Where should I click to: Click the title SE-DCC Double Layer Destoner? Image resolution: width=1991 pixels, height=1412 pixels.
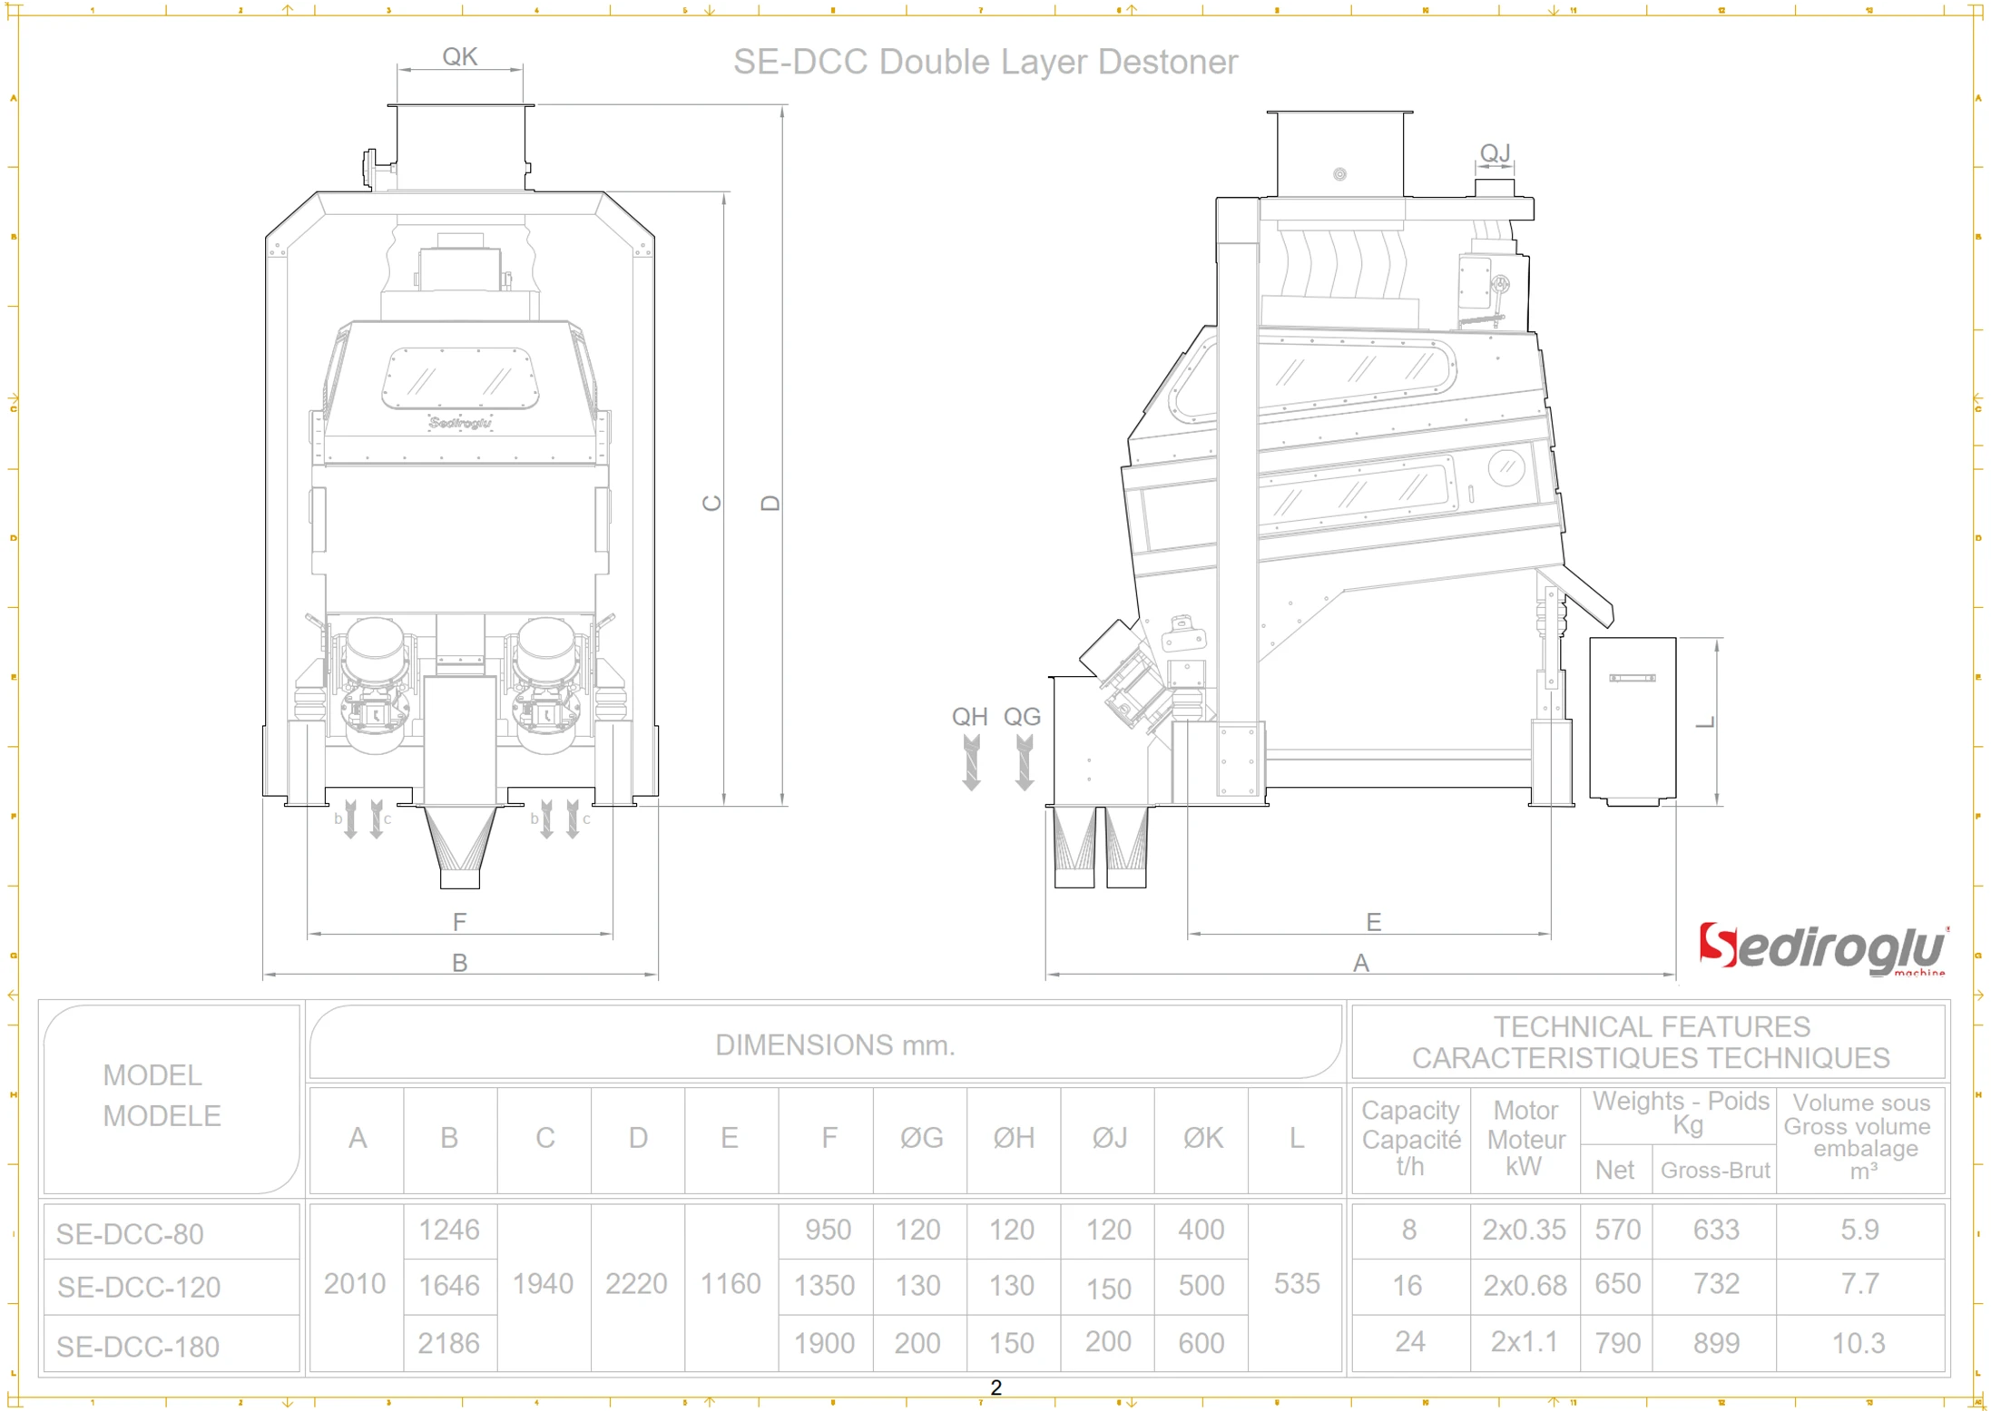[985, 62]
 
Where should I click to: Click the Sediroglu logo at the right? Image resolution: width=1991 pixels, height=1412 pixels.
[1822, 949]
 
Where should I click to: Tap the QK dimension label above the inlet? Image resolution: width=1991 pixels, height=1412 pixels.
[459, 57]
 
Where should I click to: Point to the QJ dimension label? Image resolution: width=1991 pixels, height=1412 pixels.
[1495, 152]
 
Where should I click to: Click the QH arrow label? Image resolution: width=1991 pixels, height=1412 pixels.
[969, 717]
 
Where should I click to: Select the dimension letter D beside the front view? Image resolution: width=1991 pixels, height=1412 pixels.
[770, 503]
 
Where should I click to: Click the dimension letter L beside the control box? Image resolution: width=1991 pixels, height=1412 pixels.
[1705, 722]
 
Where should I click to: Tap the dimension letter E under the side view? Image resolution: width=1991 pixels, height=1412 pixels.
[1373, 923]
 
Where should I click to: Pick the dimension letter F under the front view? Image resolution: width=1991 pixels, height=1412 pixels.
[459, 923]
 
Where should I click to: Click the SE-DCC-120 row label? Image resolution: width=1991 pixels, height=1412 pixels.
[139, 1287]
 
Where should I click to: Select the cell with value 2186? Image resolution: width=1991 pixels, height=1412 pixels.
[448, 1343]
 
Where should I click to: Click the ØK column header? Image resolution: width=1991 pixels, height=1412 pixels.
[1202, 1138]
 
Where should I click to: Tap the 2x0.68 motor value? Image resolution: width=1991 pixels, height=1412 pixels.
[1525, 1285]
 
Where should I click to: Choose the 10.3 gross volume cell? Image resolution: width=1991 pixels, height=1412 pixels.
[1859, 1343]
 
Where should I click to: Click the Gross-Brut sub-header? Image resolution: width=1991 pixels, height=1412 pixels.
[1714, 1171]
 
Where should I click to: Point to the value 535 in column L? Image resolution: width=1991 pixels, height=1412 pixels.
[1296, 1284]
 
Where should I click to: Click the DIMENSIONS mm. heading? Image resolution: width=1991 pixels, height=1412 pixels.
[834, 1045]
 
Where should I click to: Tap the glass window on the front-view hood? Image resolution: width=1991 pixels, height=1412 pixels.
[460, 378]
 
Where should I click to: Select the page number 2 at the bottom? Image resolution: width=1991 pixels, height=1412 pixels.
[995, 1387]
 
